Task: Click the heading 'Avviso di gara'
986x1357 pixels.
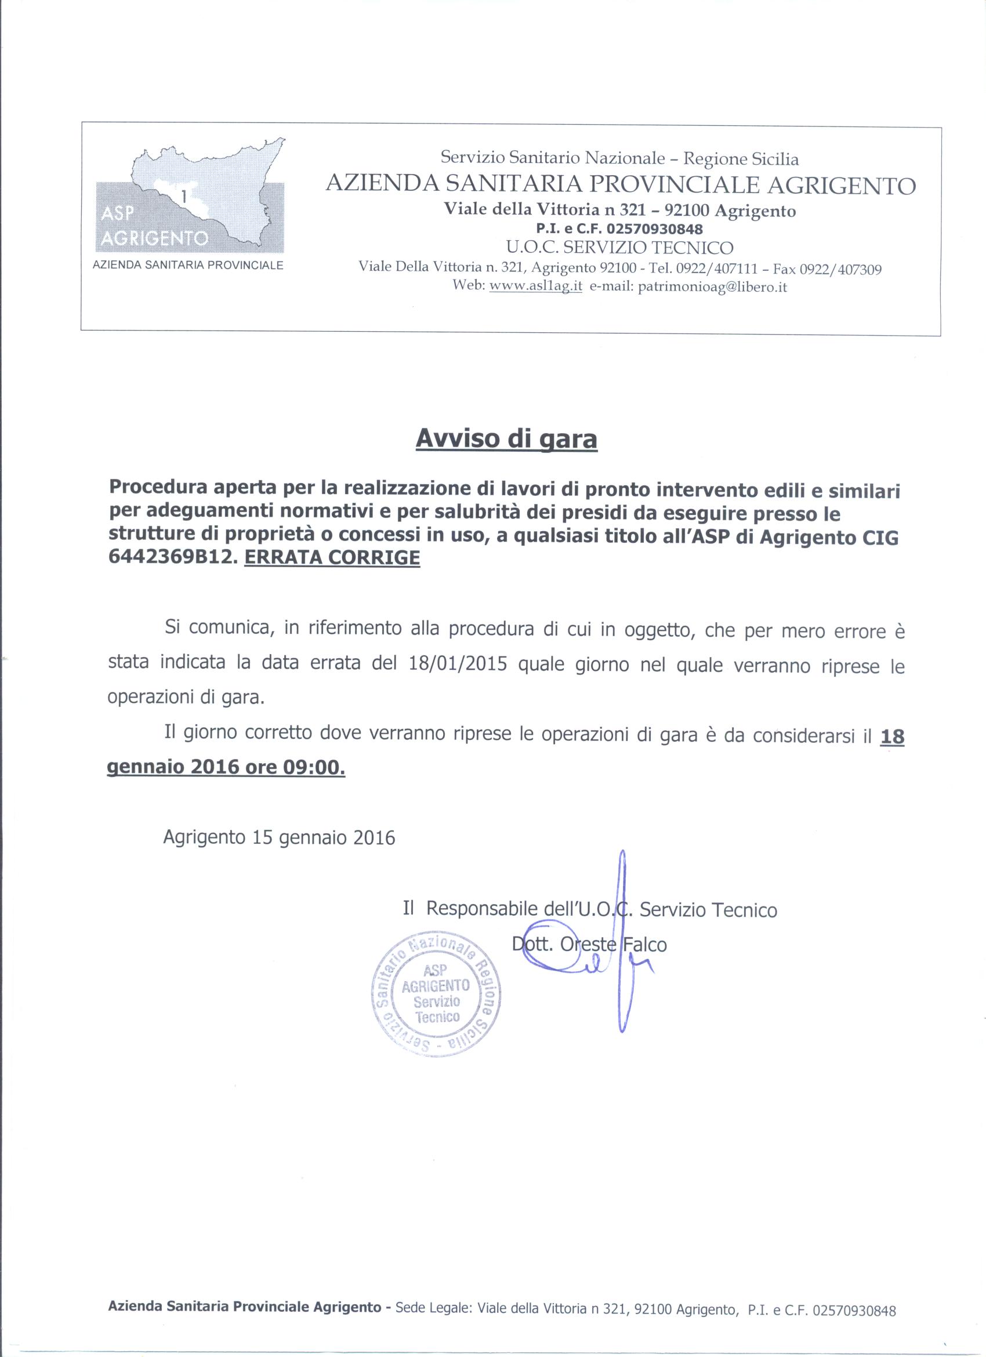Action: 506,439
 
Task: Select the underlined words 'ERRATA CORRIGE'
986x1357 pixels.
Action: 332,559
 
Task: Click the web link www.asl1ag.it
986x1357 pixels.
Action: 535,286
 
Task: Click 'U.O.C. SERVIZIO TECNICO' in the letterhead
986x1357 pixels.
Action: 619,247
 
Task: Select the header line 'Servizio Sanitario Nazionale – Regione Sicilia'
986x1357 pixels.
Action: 619,158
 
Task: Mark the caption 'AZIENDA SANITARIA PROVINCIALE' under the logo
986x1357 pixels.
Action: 188,265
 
